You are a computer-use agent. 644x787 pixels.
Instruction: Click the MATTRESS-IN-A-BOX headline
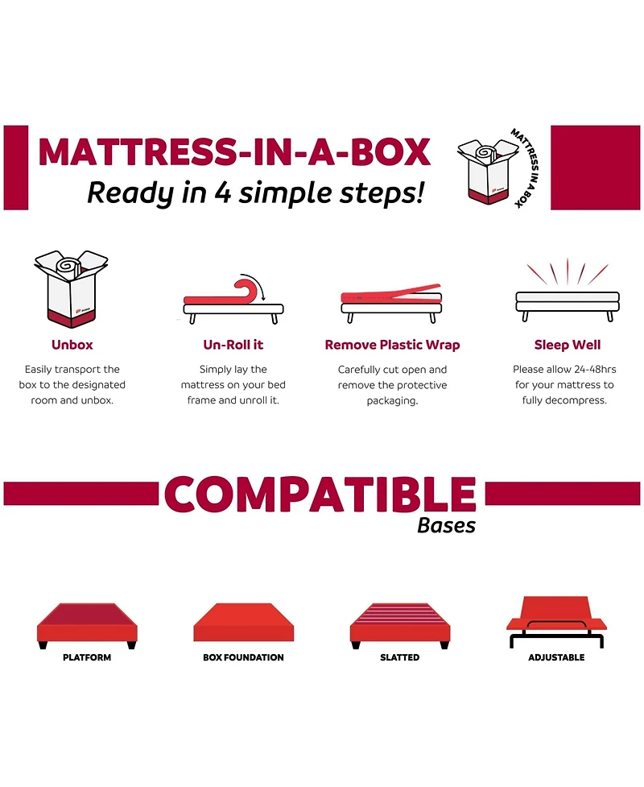click(x=234, y=152)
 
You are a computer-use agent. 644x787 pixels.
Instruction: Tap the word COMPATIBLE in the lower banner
click(x=320, y=494)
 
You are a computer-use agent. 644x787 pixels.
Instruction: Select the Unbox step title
click(x=72, y=345)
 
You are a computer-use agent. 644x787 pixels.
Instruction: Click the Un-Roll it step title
click(x=233, y=345)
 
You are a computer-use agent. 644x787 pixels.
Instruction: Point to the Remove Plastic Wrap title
click(x=392, y=345)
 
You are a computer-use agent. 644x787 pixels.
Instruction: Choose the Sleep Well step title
click(x=568, y=345)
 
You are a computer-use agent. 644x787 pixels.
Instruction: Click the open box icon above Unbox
click(x=72, y=288)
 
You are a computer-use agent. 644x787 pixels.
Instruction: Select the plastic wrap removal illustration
click(x=391, y=300)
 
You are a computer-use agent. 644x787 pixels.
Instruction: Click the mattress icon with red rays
click(x=568, y=292)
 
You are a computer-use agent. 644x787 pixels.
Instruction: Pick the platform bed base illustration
click(x=87, y=623)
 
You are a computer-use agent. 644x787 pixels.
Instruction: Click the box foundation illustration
click(x=243, y=623)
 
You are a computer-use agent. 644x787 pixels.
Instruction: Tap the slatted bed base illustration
click(x=399, y=623)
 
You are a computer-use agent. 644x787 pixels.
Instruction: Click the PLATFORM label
click(x=87, y=657)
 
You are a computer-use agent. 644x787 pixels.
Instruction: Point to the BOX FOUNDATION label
click(x=243, y=657)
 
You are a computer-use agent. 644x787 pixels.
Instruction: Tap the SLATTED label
click(x=399, y=657)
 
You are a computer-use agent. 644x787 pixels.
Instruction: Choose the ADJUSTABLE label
click(x=556, y=657)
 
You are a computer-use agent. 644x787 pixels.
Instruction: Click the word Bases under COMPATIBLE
click(x=446, y=526)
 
